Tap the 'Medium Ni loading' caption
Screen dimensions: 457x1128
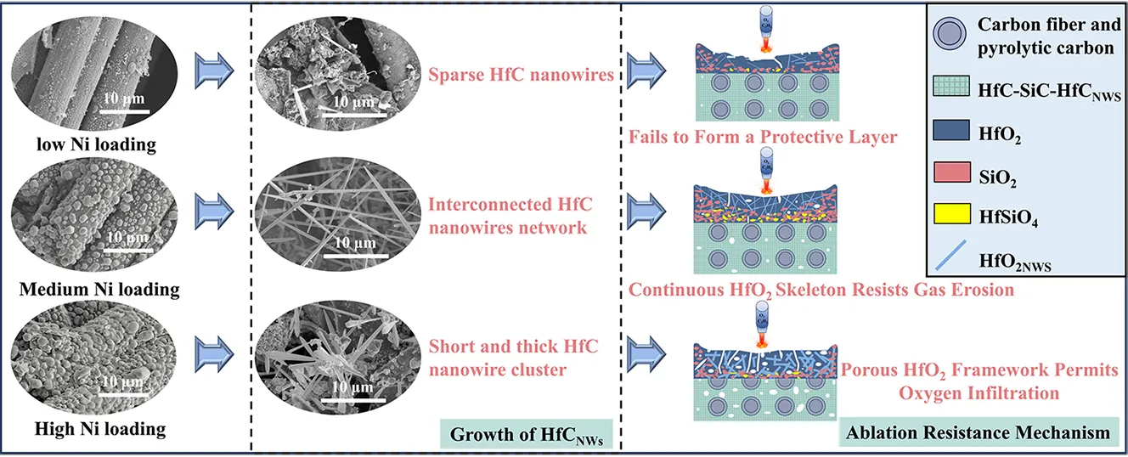click(x=99, y=289)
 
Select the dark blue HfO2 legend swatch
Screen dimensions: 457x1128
click(x=954, y=134)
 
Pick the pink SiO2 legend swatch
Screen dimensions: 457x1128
click(x=954, y=177)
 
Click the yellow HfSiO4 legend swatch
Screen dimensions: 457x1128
click(x=954, y=218)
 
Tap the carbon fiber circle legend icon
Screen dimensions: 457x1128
click(x=954, y=37)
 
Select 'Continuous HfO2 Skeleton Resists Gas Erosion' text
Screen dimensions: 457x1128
click(x=821, y=290)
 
